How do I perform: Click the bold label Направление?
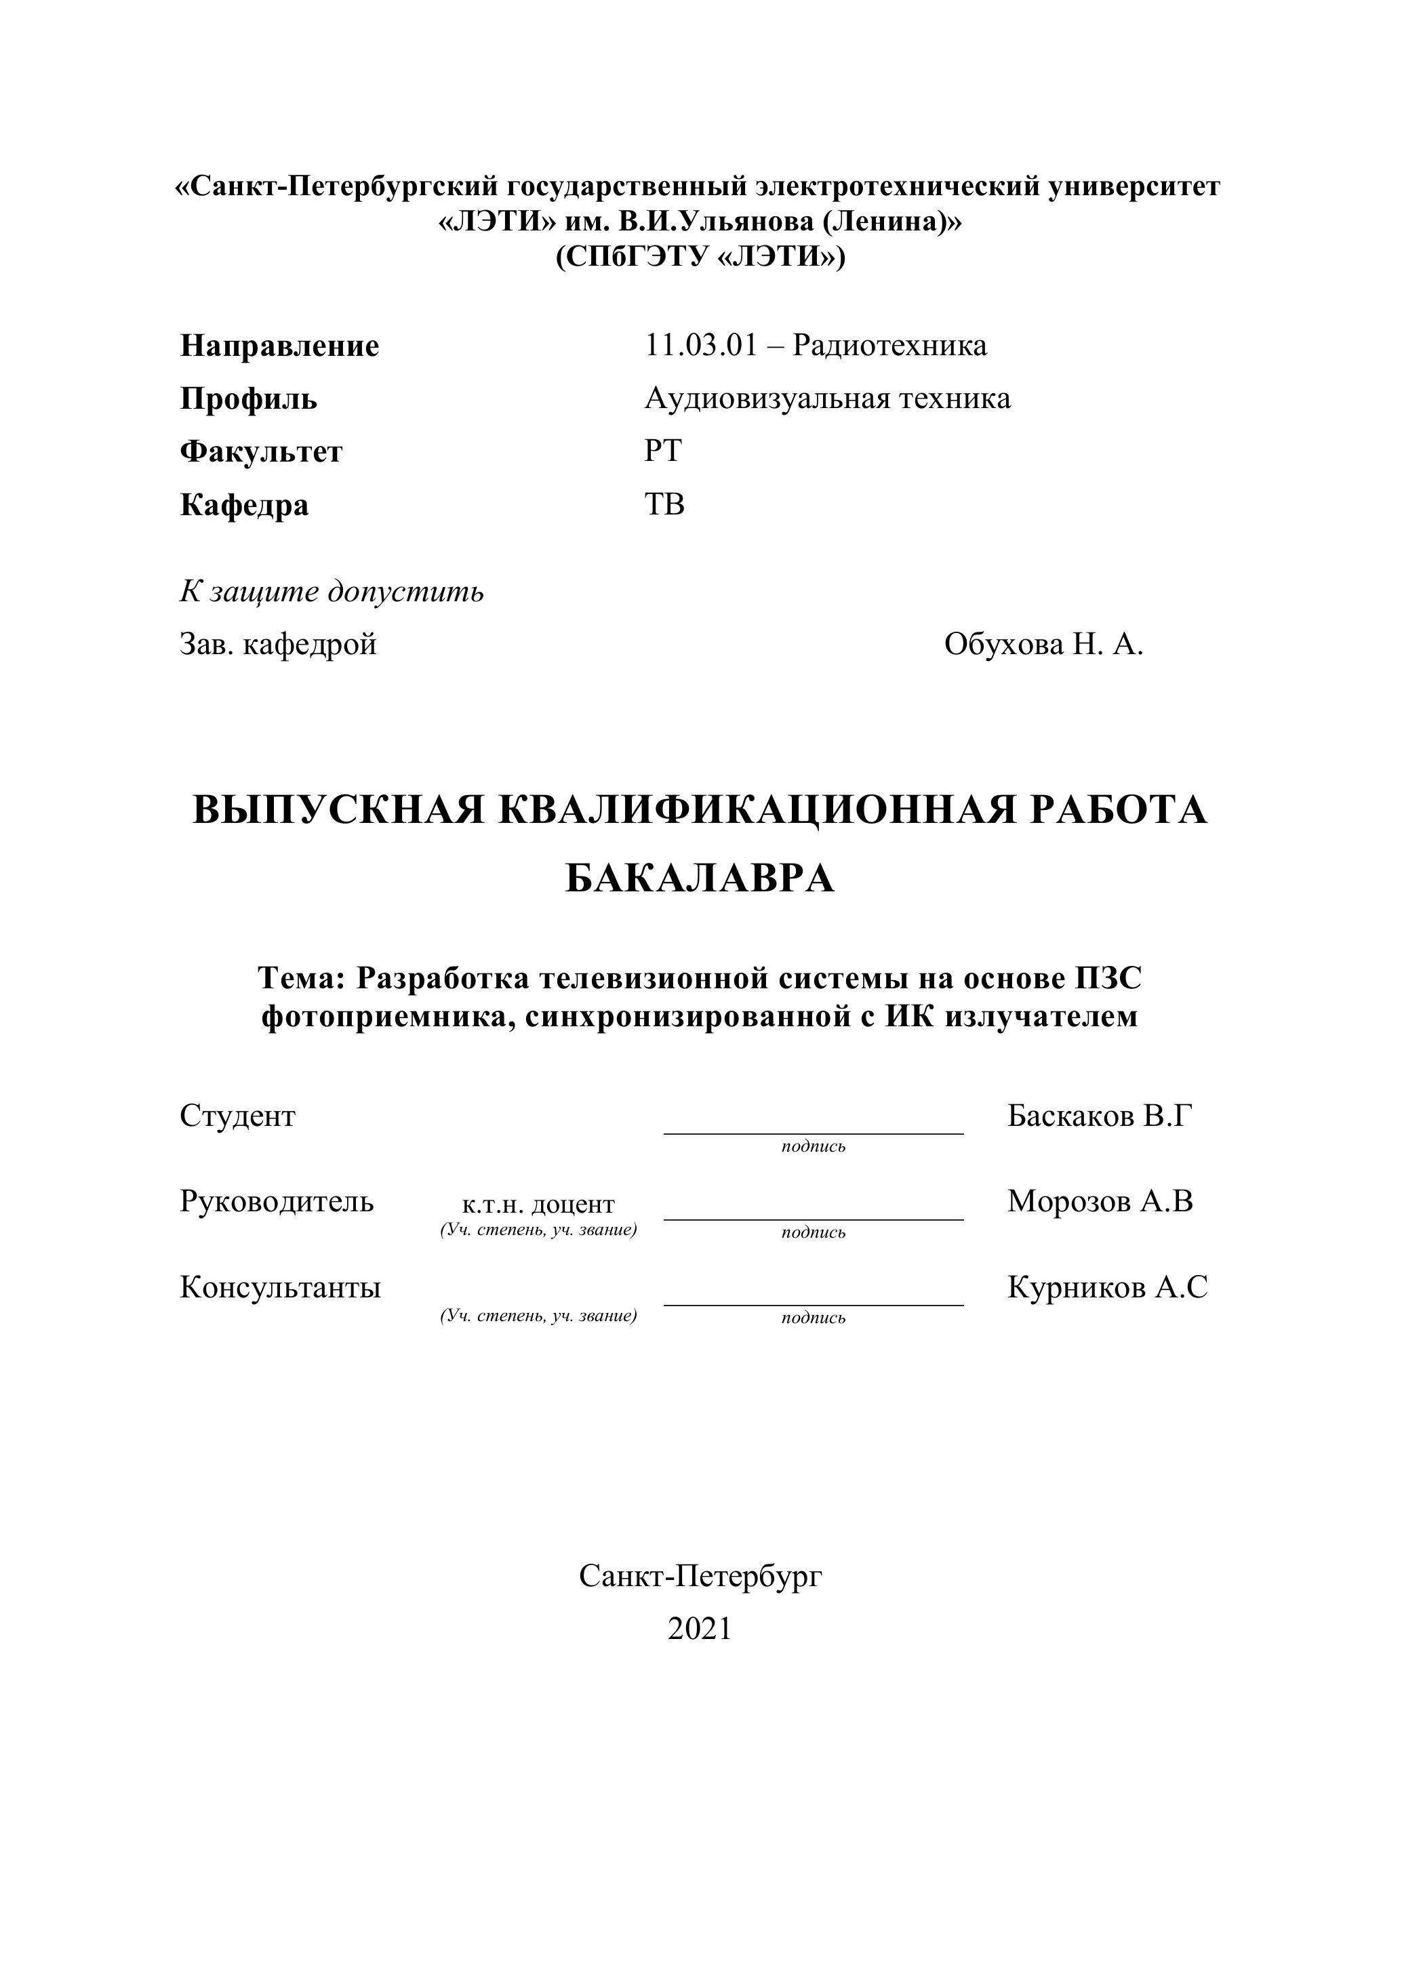279,346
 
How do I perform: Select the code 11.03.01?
700,345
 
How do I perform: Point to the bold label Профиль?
249,399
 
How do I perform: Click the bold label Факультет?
261,451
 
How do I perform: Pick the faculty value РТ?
662,451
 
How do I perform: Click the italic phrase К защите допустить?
332,592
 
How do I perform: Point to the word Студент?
237,1116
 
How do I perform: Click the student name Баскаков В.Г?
1100,1116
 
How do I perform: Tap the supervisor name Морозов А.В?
1100,1202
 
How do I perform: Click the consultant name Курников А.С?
1106,1287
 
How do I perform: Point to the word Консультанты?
280,1287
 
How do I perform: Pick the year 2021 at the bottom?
699,1629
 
